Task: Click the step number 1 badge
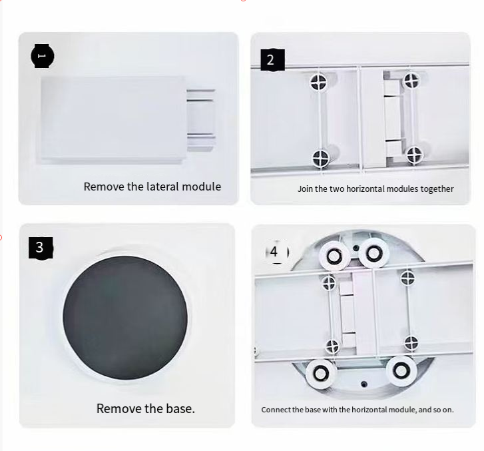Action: tap(43, 56)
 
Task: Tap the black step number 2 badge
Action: tap(272, 60)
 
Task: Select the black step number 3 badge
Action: tap(41, 248)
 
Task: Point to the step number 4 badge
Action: tap(277, 252)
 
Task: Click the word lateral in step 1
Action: tap(162, 187)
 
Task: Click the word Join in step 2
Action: tap(305, 189)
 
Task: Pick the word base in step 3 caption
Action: tap(180, 408)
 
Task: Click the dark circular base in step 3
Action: tap(125, 318)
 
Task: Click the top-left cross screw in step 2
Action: tap(318, 82)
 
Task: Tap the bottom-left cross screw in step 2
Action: tap(321, 159)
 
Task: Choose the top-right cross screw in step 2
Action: tap(411, 80)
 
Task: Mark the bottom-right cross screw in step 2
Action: tap(414, 155)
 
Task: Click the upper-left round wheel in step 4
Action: tap(334, 256)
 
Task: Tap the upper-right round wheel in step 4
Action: tap(373, 253)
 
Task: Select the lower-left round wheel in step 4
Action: tap(320, 374)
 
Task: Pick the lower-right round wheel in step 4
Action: tap(401, 370)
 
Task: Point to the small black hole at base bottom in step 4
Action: tap(364, 384)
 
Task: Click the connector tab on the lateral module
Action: tap(200, 120)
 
